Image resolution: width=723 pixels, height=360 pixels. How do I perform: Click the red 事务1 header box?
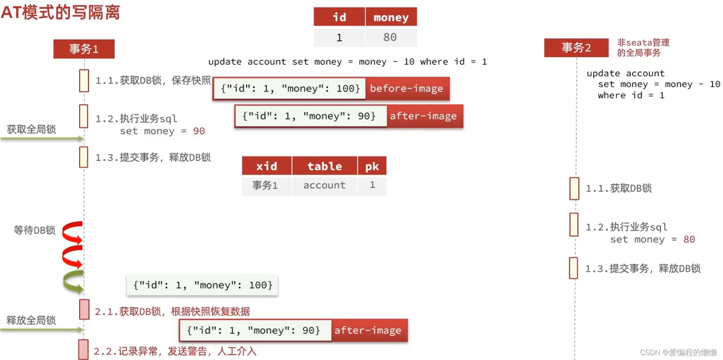point(84,49)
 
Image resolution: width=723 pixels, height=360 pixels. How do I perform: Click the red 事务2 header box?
point(576,48)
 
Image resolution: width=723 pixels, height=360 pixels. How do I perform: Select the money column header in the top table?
point(391,17)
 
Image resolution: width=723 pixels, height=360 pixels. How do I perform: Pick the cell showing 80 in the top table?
point(390,37)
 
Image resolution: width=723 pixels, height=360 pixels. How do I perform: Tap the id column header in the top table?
point(339,17)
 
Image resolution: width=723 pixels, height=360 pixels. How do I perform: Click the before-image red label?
point(407,88)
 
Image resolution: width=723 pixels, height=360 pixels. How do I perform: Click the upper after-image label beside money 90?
point(423,116)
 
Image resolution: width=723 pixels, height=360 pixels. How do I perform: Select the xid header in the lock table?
point(266,166)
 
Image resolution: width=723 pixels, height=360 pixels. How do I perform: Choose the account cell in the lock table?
point(324,185)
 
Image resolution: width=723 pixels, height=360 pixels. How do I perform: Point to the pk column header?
point(372,166)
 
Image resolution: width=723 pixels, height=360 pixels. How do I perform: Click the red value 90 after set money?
point(199,131)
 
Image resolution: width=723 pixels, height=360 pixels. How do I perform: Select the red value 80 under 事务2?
point(689,240)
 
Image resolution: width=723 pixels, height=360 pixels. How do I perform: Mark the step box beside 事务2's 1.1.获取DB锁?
point(574,188)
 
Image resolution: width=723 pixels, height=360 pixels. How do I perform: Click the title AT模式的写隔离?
point(60,12)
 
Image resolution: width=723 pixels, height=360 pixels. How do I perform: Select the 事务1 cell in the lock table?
point(265,185)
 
